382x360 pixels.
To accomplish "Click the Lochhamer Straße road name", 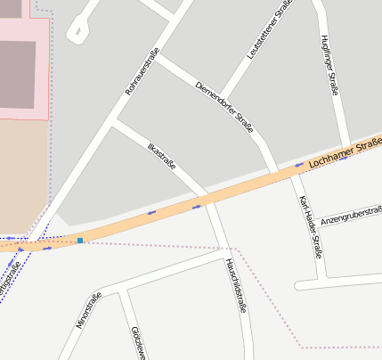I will click(345, 153).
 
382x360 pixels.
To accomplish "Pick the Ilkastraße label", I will click(161, 153).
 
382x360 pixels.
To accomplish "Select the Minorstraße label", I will click(90, 310).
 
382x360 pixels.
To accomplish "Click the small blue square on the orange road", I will click(80, 241).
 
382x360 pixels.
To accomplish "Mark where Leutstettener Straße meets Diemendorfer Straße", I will click(222, 97).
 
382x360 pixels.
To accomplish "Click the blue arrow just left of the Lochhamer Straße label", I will click(299, 165).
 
